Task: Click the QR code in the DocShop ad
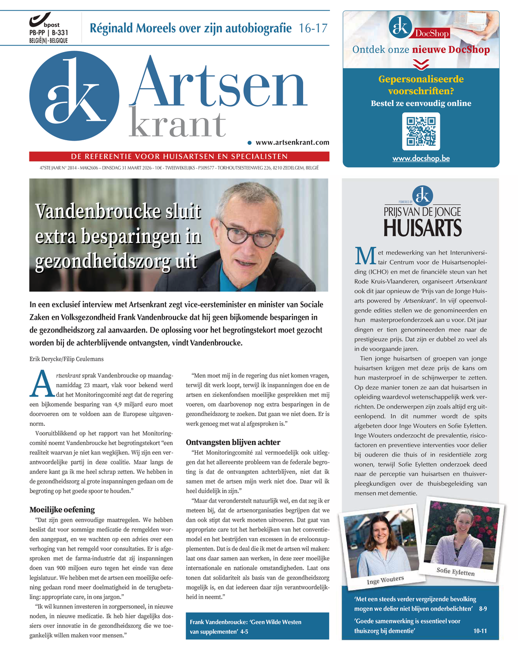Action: pyautogui.click(x=421, y=131)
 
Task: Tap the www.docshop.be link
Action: pyautogui.click(x=421, y=158)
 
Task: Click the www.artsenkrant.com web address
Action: pyautogui.click(x=292, y=142)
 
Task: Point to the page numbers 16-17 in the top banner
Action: pyautogui.click(x=313, y=28)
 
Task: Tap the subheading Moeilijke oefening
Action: pyautogui.click(x=62, y=510)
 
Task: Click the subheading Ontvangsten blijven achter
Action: pyautogui.click(x=233, y=442)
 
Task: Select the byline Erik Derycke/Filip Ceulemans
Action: pyautogui.click(x=67, y=359)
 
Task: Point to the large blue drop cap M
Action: pyautogui.click(x=365, y=257)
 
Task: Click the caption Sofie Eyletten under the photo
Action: pyautogui.click(x=455, y=571)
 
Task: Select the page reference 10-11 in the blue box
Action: pyautogui.click(x=480, y=631)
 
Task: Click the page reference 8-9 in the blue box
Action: pyautogui.click(x=483, y=609)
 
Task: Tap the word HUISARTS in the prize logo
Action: pyautogui.click(x=422, y=227)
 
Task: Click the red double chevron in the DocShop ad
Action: pyautogui.click(x=421, y=64)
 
